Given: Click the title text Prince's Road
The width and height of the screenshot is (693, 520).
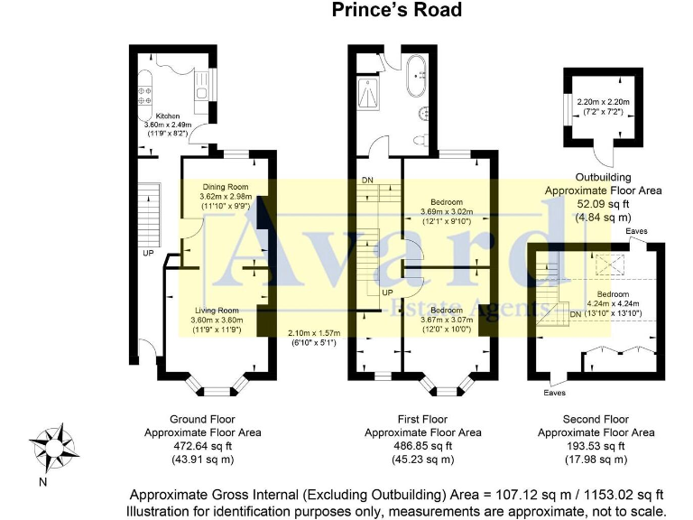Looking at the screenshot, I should [396, 10].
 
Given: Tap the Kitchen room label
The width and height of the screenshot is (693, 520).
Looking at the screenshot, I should [169, 116].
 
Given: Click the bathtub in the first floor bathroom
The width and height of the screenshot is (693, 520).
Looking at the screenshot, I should [418, 78].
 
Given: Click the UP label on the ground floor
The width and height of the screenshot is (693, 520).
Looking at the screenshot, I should [146, 254].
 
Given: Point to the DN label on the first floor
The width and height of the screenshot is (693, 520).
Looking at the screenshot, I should [367, 181].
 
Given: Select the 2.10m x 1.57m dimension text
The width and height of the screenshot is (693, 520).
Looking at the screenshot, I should [310, 333].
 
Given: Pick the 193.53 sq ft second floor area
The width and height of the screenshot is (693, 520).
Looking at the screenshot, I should [596, 446].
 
